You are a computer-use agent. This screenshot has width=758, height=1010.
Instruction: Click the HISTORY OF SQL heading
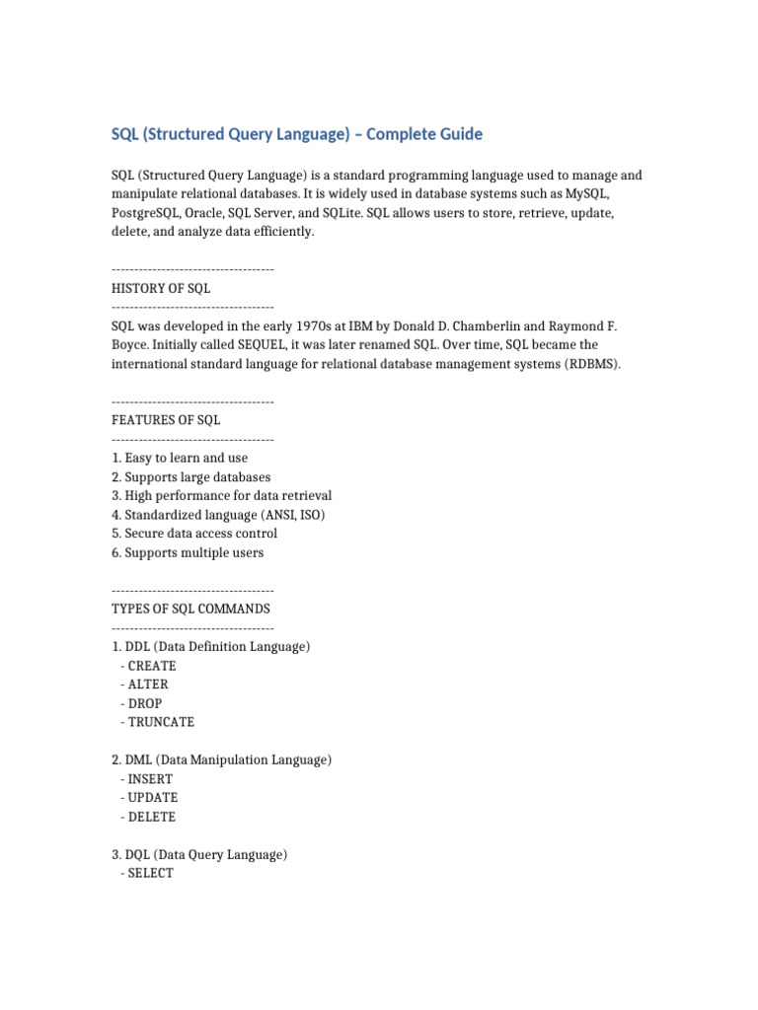(161, 288)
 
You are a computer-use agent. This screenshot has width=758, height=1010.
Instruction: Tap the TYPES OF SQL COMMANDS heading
(190, 609)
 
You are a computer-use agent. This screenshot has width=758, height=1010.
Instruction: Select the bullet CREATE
(152, 666)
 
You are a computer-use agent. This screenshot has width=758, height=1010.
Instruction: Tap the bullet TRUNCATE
(161, 722)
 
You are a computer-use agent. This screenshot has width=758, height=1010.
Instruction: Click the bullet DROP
(145, 703)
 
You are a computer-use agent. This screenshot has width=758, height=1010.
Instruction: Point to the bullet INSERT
(150, 779)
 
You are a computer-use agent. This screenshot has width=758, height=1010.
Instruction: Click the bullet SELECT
(150, 874)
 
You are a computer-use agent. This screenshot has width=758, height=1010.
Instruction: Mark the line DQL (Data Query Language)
(199, 855)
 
